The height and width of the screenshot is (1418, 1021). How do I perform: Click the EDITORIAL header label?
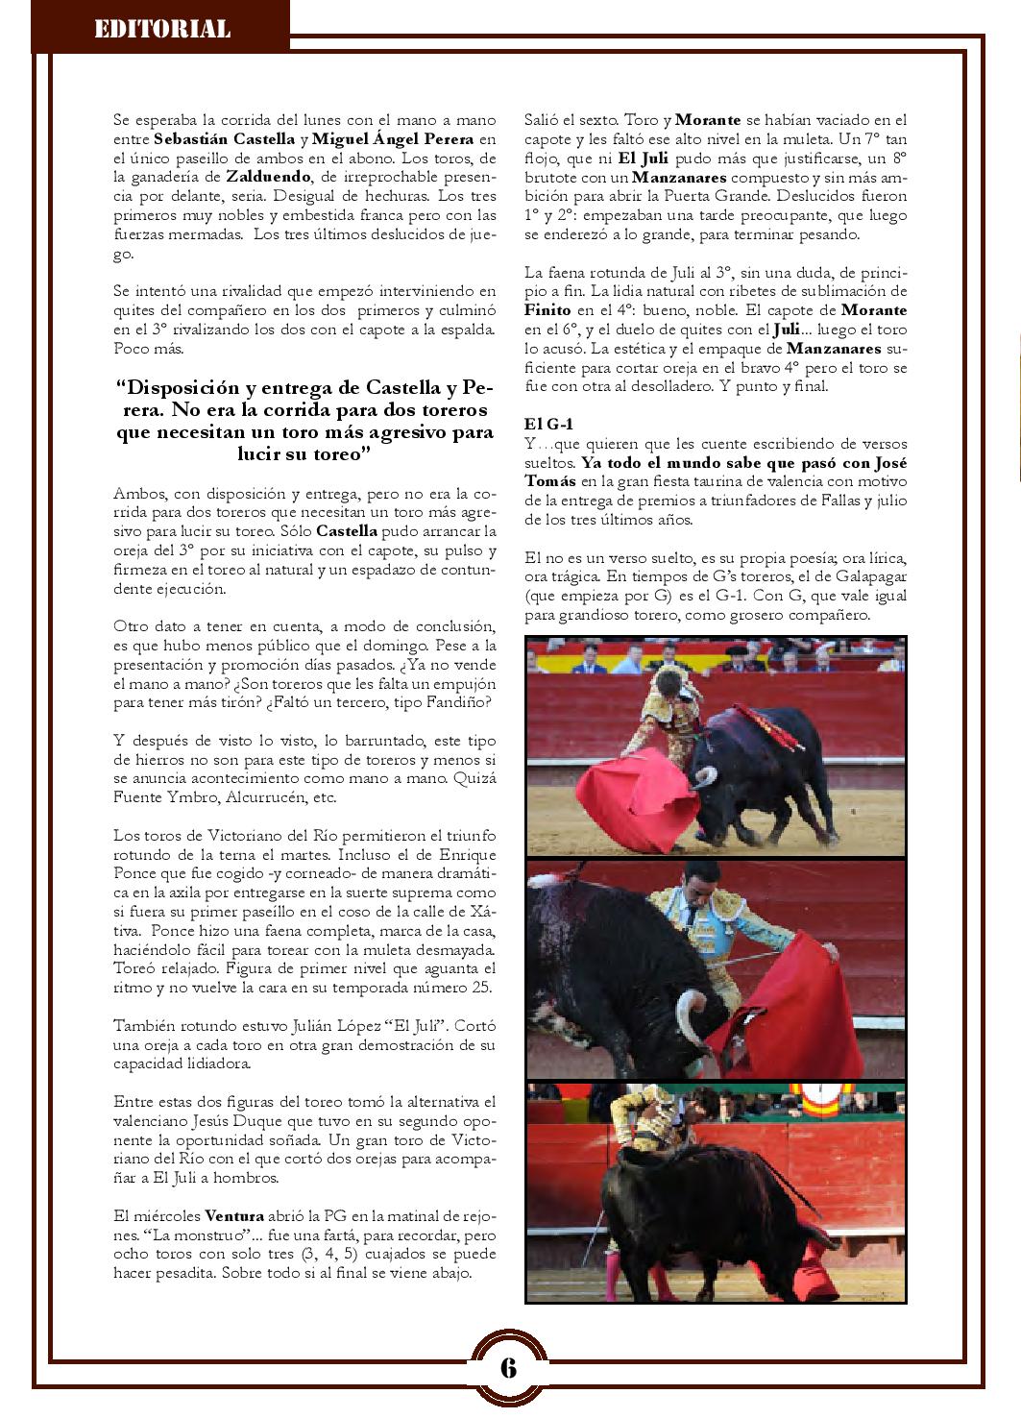pos(161,29)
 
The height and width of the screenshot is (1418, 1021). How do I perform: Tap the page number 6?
pos(508,1367)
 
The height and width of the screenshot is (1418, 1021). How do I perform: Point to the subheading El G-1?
pos(549,424)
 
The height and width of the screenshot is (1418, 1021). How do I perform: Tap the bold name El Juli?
pos(643,159)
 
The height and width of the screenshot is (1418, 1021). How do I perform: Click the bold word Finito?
pos(549,310)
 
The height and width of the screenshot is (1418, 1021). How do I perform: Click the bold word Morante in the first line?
pos(709,120)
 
